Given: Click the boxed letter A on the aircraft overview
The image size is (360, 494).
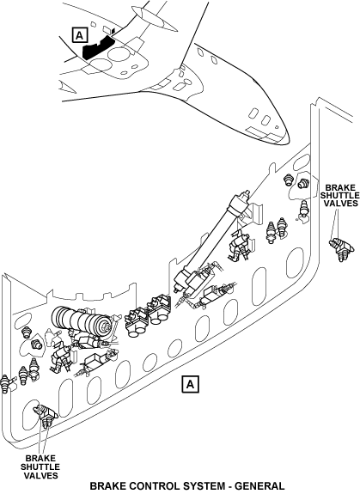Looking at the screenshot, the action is pos(80,34).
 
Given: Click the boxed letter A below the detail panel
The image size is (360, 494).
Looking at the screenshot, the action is pos(190,384).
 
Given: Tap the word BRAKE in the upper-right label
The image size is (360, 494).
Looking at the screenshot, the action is pos(340,188).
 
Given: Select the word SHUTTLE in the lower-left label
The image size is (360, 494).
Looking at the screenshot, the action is pos(40,467).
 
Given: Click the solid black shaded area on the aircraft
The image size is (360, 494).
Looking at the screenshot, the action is pos(98,46).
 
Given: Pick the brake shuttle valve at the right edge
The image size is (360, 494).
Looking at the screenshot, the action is pos(341,248).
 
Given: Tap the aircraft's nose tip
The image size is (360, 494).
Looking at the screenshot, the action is pos(287,139).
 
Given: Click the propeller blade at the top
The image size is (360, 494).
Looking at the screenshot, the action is pos(155,19).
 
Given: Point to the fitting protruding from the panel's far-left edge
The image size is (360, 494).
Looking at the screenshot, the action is pos(6,382).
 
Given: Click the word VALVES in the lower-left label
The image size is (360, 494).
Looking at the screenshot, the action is pos(40,475).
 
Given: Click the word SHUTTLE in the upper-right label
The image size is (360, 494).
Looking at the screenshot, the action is pos(340,196).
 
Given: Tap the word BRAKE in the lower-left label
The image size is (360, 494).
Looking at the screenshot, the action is pos(40,459).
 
